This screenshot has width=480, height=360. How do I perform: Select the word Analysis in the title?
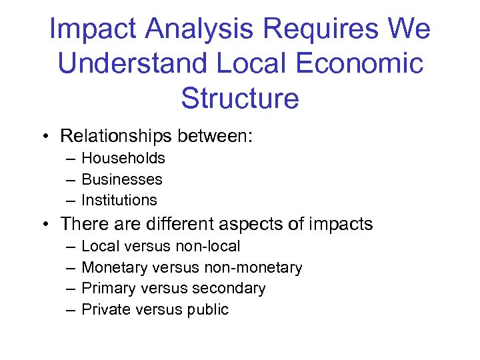(192, 29)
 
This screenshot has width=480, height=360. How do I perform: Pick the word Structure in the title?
(240, 98)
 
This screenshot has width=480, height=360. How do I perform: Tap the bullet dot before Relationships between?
(44, 137)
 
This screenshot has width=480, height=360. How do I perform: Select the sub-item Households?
(123, 158)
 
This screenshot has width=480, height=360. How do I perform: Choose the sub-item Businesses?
(122, 179)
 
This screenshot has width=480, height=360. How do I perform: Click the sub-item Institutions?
(119, 200)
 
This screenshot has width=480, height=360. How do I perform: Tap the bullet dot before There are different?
(44, 224)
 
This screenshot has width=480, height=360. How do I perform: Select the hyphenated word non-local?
(208, 246)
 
